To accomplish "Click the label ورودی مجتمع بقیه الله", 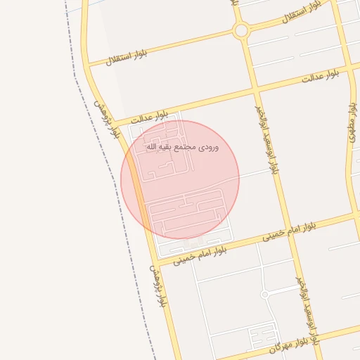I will pos(182,148).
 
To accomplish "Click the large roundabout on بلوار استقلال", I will pos(241,30).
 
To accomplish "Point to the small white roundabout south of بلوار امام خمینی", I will pos(265,294).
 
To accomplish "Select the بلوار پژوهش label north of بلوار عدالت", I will pos(105,116).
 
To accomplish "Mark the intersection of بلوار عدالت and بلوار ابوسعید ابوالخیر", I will pos(257,90).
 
